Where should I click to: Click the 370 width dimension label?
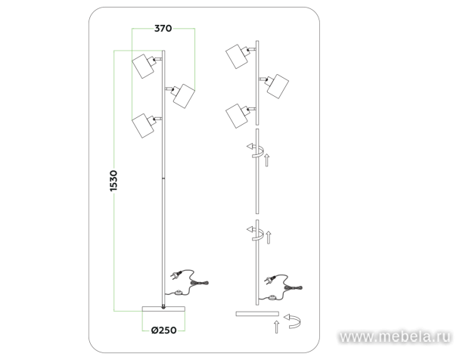coord(163,28)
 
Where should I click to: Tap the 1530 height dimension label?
coord(113,181)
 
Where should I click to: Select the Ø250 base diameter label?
coord(164,330)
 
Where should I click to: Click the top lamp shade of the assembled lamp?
coord(143,66)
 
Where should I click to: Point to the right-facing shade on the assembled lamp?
coord(184,96)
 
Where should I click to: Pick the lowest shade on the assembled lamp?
coord(143,126)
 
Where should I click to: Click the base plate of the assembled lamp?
coord(163,309)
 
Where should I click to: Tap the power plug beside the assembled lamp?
coord(176,275)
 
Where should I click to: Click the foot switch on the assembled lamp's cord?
coord(178,293)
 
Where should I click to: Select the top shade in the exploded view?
coord(237,57)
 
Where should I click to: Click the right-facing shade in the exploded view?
coord(278,86)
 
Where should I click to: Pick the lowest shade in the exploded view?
coord(237,116)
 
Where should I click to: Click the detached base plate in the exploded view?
coord(257,314)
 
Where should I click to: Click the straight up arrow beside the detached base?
coord(276,327)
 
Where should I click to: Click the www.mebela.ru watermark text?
coord(395,337)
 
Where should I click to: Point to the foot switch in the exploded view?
coord(272,297)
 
